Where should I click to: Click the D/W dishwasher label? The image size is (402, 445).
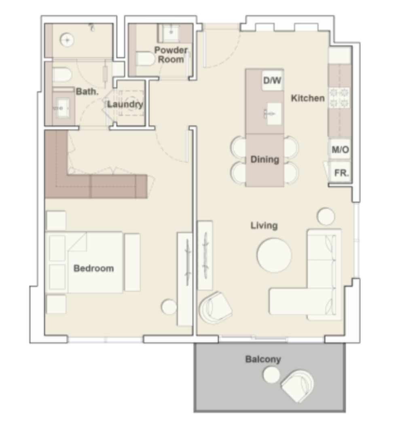tap(272, 81)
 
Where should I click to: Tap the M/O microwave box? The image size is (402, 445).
tap(340, 150)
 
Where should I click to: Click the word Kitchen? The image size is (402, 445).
tap(308, 98)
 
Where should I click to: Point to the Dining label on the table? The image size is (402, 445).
tap(265, 159)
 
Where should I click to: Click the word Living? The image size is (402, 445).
tap(264, 225)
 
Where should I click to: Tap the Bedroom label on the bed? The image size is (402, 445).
tap(93, 268)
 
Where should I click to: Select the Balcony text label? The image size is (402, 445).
tap(263, 359)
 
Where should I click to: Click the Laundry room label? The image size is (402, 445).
tap(125, 104)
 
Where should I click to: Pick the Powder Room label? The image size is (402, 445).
tap(171, 55)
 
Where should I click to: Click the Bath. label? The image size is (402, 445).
tap(87, 92)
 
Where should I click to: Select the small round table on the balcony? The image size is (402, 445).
tap(271, 375)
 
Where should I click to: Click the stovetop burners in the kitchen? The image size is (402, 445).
tap(339, 97)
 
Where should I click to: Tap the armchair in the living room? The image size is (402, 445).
tap(215, 306)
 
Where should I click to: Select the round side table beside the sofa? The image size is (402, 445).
tap(326, 216)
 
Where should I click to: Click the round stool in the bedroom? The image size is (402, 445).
tap(169, 307)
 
